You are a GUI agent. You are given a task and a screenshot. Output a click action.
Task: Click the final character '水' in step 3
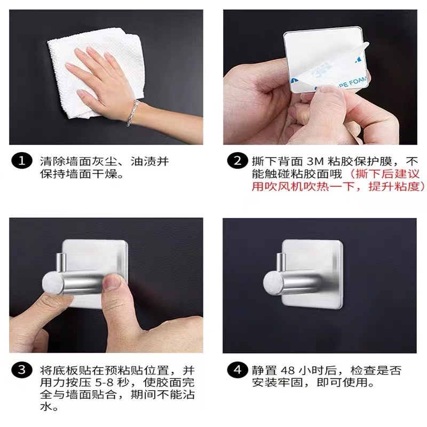pyautogui.click(x=45, y=408)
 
